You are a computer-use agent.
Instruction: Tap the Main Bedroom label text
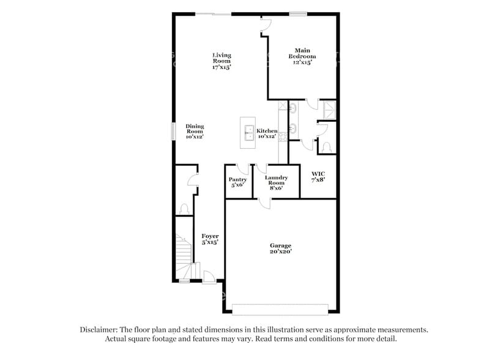pyautogui.click(x=302, y=56)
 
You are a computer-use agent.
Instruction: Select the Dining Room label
pyautogui.click(x=195, y=131)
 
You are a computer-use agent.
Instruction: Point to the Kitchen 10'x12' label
pyautogui.click(x=267, y=133)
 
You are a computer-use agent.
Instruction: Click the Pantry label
pyautogui.click(x=237, y=182)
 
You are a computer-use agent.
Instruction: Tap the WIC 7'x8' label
pyautogui.click(x=318, y=178)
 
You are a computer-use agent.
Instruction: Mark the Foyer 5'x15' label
pyautogui.click(x=210, y=239)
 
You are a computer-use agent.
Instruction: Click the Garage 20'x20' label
pyautogui.click(x=280, y=249)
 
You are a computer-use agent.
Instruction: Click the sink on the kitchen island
pyautogui.click(x=248, y=130)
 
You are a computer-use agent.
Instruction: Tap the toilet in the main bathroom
pyautogui.click(x=327, y=146)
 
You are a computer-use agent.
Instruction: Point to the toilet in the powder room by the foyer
pyautogui.click(x=184, y=208)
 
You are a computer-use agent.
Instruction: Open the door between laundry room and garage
pyautogui.click(x=264, y=203)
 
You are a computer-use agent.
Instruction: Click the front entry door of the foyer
pyautogui.click(x=209, y=277)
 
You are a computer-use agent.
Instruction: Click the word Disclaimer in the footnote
pyautogui.click(x=102, y=329)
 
